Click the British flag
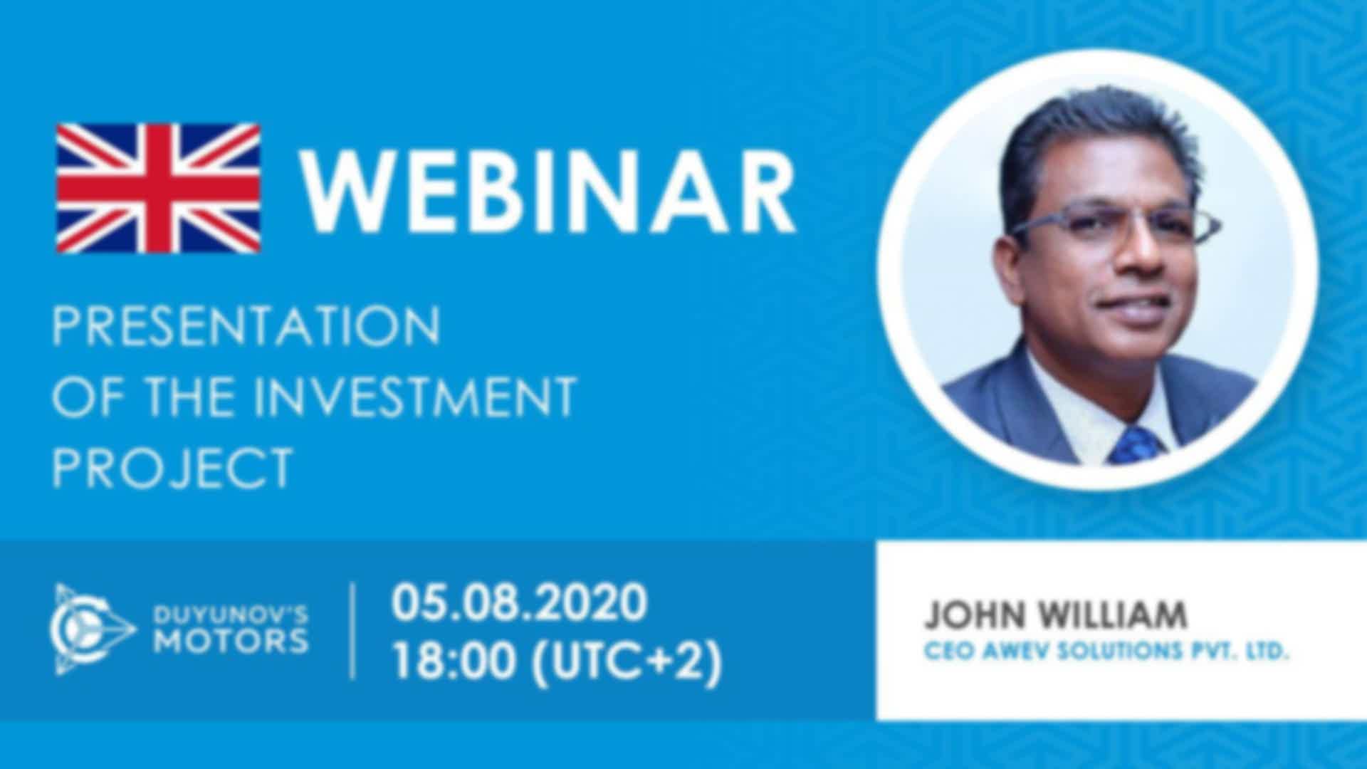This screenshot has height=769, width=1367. pos(158,188)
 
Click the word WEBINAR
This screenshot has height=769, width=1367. pos(548,188)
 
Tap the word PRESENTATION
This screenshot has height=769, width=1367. pos(246,326)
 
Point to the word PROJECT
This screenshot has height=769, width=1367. pos(172,466)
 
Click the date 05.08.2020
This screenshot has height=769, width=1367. pos(519,602)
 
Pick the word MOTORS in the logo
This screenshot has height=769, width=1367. pos(231,642)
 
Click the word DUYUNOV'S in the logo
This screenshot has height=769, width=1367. pos(231,613)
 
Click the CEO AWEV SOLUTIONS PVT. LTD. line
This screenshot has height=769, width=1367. pos(1106,651)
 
